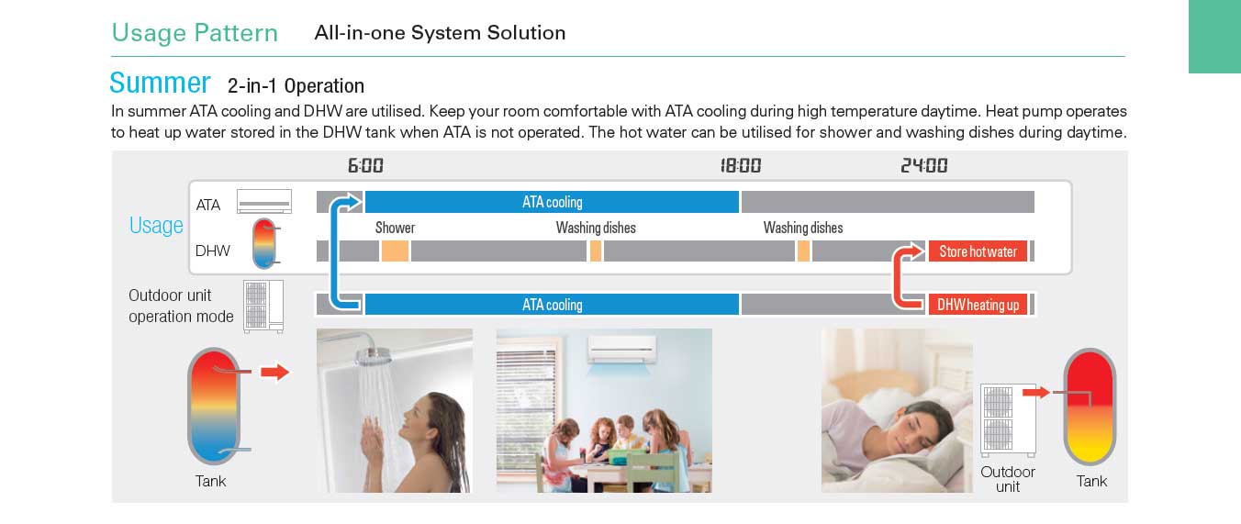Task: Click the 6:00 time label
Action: pyautogui.click(x=365, y=165)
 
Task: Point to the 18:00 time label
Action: pyautogui.click(x=740, y=165)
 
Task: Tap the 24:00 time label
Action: pyautogui.click(x=923, y=165)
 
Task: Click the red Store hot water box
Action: pyautogui.click(x=978, y=251)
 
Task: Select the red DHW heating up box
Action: pyautogui.click(x=978, y=304)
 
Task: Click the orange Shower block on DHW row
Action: pyautogui.click(x=395, y=251)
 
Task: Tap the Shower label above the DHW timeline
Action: pyautogui.click(x=395, y=228)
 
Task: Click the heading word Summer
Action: pyautogui.click(x=160, y=83)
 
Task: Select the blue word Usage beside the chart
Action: pyautogui.click(x=156, y=226)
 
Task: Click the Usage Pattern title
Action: pyautogui.click(x=195, y=33)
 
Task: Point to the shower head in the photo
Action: pyautogui.click(x=373, y=354)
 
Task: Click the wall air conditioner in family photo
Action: pyautogui.click(x=622, y=350)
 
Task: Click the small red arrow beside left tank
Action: pyautogui.click(x=275, y=372)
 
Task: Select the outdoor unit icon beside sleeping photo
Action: pyautogui.click(x=1008, y=420)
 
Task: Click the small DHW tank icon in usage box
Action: pyautogui.click(x=265, y=243)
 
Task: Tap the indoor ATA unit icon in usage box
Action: pyautogui.click(x=264, y=201)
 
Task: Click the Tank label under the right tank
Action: pyautogui.click(x=1091, y=481)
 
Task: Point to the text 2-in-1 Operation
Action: pyautogui.click(x=296, y=86)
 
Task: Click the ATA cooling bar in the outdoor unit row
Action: pyautogui.click(x=552, y=304)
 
